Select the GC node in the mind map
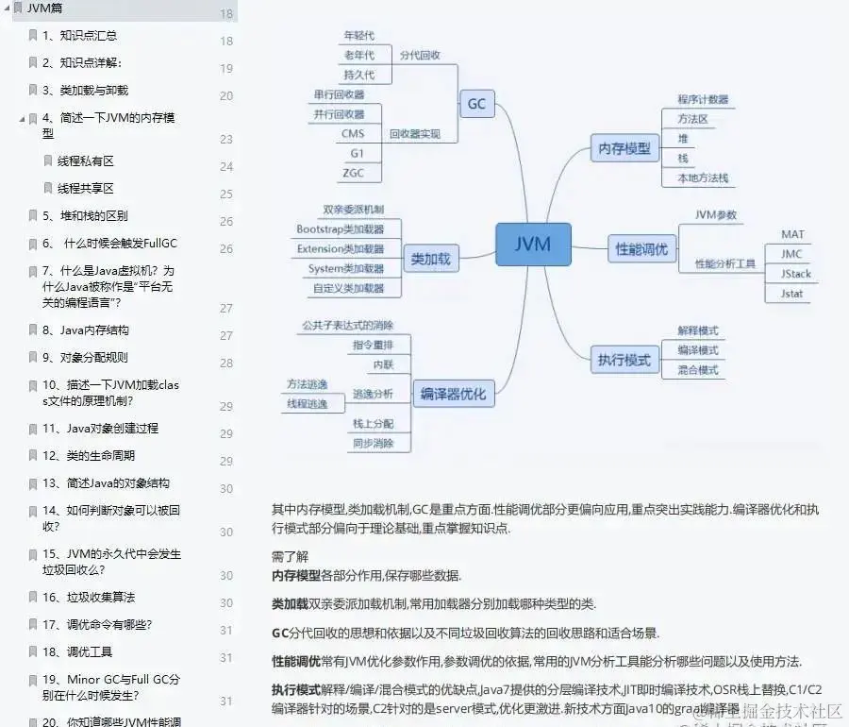(476, 103)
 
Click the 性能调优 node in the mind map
(641, 249)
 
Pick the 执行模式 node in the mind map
(624, 360)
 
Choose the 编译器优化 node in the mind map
(453, 394)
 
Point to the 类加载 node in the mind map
(430, 258)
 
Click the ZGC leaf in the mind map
(354, 173)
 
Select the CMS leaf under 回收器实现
(353, 134)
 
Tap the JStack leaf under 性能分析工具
(795, 274)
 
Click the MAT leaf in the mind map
(792, 234)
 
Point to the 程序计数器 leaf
(702, 99)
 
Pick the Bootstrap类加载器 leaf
(340, 229)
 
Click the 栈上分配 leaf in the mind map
(373, 423)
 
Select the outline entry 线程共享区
(86, 188)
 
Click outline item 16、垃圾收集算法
(88, 597)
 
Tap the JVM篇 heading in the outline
(45, 8)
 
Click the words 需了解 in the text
(290, 556)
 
